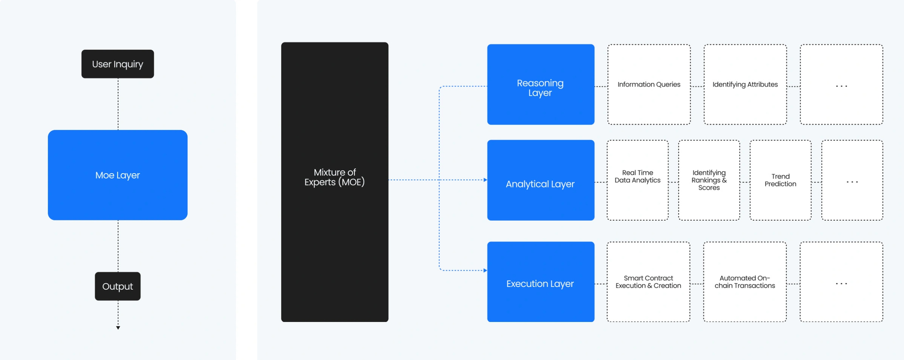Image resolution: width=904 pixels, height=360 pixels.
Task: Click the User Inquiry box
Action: click(x=117, y=64)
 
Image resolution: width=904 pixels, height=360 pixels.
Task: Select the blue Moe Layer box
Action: click(x=117, y=175)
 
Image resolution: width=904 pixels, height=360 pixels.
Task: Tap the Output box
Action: click(x=117, y=286)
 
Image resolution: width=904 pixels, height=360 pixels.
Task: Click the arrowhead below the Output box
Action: click(x=118, y=328)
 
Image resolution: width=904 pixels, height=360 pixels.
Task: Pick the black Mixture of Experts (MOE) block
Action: click(x=334, y=182)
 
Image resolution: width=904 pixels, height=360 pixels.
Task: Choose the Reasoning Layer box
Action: click(x=541, y=85)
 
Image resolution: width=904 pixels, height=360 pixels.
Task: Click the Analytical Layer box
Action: click(x=541, y=180)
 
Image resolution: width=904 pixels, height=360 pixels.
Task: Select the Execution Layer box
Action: click(x=541, y=282)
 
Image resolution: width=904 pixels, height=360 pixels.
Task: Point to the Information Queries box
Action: click(x=649, y=85)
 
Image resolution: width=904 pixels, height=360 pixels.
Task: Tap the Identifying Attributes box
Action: click(x=745, y=85)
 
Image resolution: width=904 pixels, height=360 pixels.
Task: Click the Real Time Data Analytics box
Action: click(x=638, y=180)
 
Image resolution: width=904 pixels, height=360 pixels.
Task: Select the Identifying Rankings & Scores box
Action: click(x=709, y=180)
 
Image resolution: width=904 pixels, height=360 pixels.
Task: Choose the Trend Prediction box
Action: click(x=780, y=180)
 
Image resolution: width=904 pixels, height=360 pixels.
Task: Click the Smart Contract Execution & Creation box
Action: click(x=648, y=282)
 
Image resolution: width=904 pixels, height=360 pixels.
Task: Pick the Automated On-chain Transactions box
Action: click(x=744, y=282)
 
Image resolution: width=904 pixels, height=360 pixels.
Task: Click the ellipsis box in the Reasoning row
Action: click(x=841, y=85)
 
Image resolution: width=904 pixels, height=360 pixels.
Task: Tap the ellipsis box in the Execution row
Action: click(x=841, y=282)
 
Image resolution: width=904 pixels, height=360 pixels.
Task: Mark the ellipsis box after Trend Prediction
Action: click(x=852, y=180)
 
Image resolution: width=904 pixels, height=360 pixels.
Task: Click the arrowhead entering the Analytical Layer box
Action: click(x=485, y=180)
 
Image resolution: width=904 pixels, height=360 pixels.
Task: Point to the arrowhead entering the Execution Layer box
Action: click(x=485, y=271)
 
